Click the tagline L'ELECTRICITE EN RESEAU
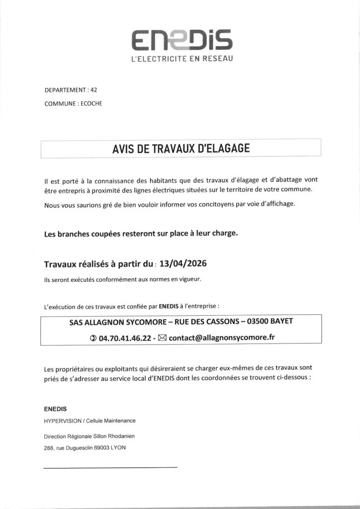[x=181, y=59]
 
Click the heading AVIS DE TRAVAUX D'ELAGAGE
[x=180, y=148]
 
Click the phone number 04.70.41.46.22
[x=125, y=338]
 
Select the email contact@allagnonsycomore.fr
[x=222, y=338]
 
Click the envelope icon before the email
[x=163, y=338]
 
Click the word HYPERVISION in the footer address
[x=62, y=421]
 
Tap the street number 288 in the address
[x=49, y=448]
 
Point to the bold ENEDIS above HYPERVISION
[x=55, y=409]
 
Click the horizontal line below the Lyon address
[x=110, y=467]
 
